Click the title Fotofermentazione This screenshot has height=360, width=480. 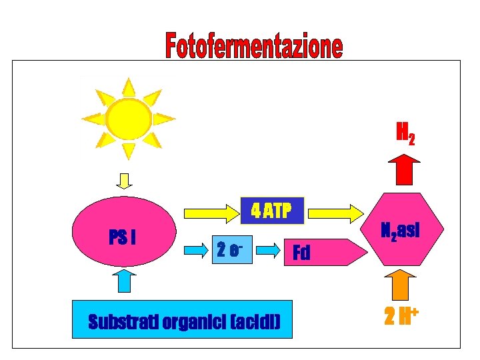pyautogui.click(x=254, y=46)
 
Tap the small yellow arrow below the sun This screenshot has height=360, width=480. pyautogui.click(x=124, y=181)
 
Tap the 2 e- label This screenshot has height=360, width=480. pyautogui.click(x=229, y=250)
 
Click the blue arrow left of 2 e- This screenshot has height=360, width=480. pyautogui.click(x=195, y=250)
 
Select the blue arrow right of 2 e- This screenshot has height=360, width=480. pyautogui.click(x=271, y=250)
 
